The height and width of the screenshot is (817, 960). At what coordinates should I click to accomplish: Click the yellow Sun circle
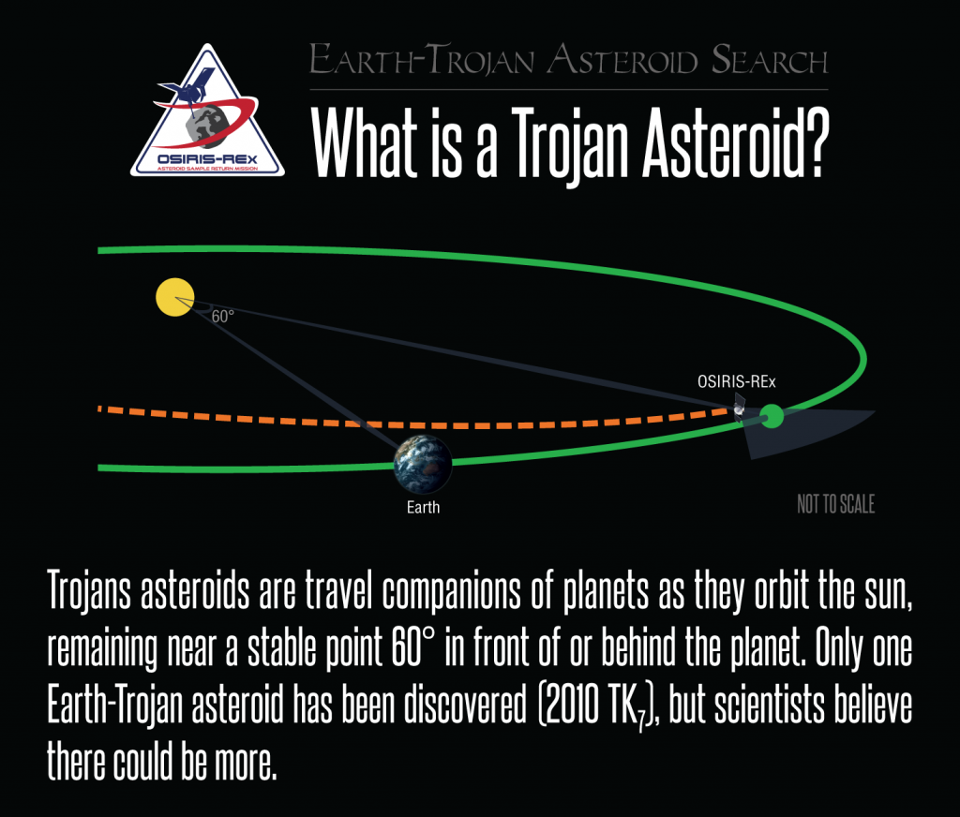click(x=175, y=297)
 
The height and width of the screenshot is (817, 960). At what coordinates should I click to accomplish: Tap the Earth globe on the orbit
click(x=423, y=465)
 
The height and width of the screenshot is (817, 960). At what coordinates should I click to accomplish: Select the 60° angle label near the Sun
click(x=223, y=317)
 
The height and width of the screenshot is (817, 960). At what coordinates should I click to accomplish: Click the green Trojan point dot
click(x=772, y=417)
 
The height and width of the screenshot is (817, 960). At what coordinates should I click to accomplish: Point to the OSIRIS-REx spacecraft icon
click(x=740, y=408)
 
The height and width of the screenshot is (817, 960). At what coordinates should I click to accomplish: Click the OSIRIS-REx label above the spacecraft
click(x=737, y=382)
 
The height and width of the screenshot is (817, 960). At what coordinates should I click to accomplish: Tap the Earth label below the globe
click(x=423, y=507)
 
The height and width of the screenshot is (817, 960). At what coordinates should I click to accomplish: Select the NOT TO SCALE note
click(x=835, y=504)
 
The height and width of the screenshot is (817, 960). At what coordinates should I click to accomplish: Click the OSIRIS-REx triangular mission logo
click(x=207, y=111)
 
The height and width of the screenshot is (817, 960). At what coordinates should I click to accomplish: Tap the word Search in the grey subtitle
click(x=770, y=60)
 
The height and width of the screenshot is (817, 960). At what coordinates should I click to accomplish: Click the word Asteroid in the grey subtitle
click(x=623, y=60)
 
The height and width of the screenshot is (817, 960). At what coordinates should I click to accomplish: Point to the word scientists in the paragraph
click(x=771, y=704)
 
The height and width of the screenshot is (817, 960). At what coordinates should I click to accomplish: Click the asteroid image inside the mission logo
click(x=208, y=126)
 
